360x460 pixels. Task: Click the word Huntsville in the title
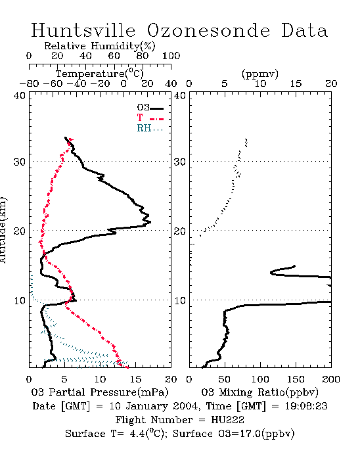(83, 30)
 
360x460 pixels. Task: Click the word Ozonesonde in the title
(208, 30)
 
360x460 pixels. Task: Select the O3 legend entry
(150, 108)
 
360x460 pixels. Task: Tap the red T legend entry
(150, 118)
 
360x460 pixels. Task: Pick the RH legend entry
(150, 128)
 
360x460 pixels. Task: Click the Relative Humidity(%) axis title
(100, 46)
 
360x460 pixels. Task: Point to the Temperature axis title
(100, 74)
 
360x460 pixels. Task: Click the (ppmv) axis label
(260, 74)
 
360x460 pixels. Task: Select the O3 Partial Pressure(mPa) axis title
(100, 392)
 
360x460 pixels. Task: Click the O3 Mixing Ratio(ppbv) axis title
(259, 392)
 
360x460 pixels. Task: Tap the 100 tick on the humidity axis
(171, 56)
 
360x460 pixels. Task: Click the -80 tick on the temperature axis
(30, 83)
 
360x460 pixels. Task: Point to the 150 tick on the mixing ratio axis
(296, 379)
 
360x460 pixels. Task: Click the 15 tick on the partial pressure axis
(135, 379)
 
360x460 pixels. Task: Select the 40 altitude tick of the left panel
(19, 96)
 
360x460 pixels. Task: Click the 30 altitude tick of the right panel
(180, 162)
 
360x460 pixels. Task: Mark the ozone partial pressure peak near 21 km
(150, 222)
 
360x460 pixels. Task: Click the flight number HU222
(227, 420)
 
